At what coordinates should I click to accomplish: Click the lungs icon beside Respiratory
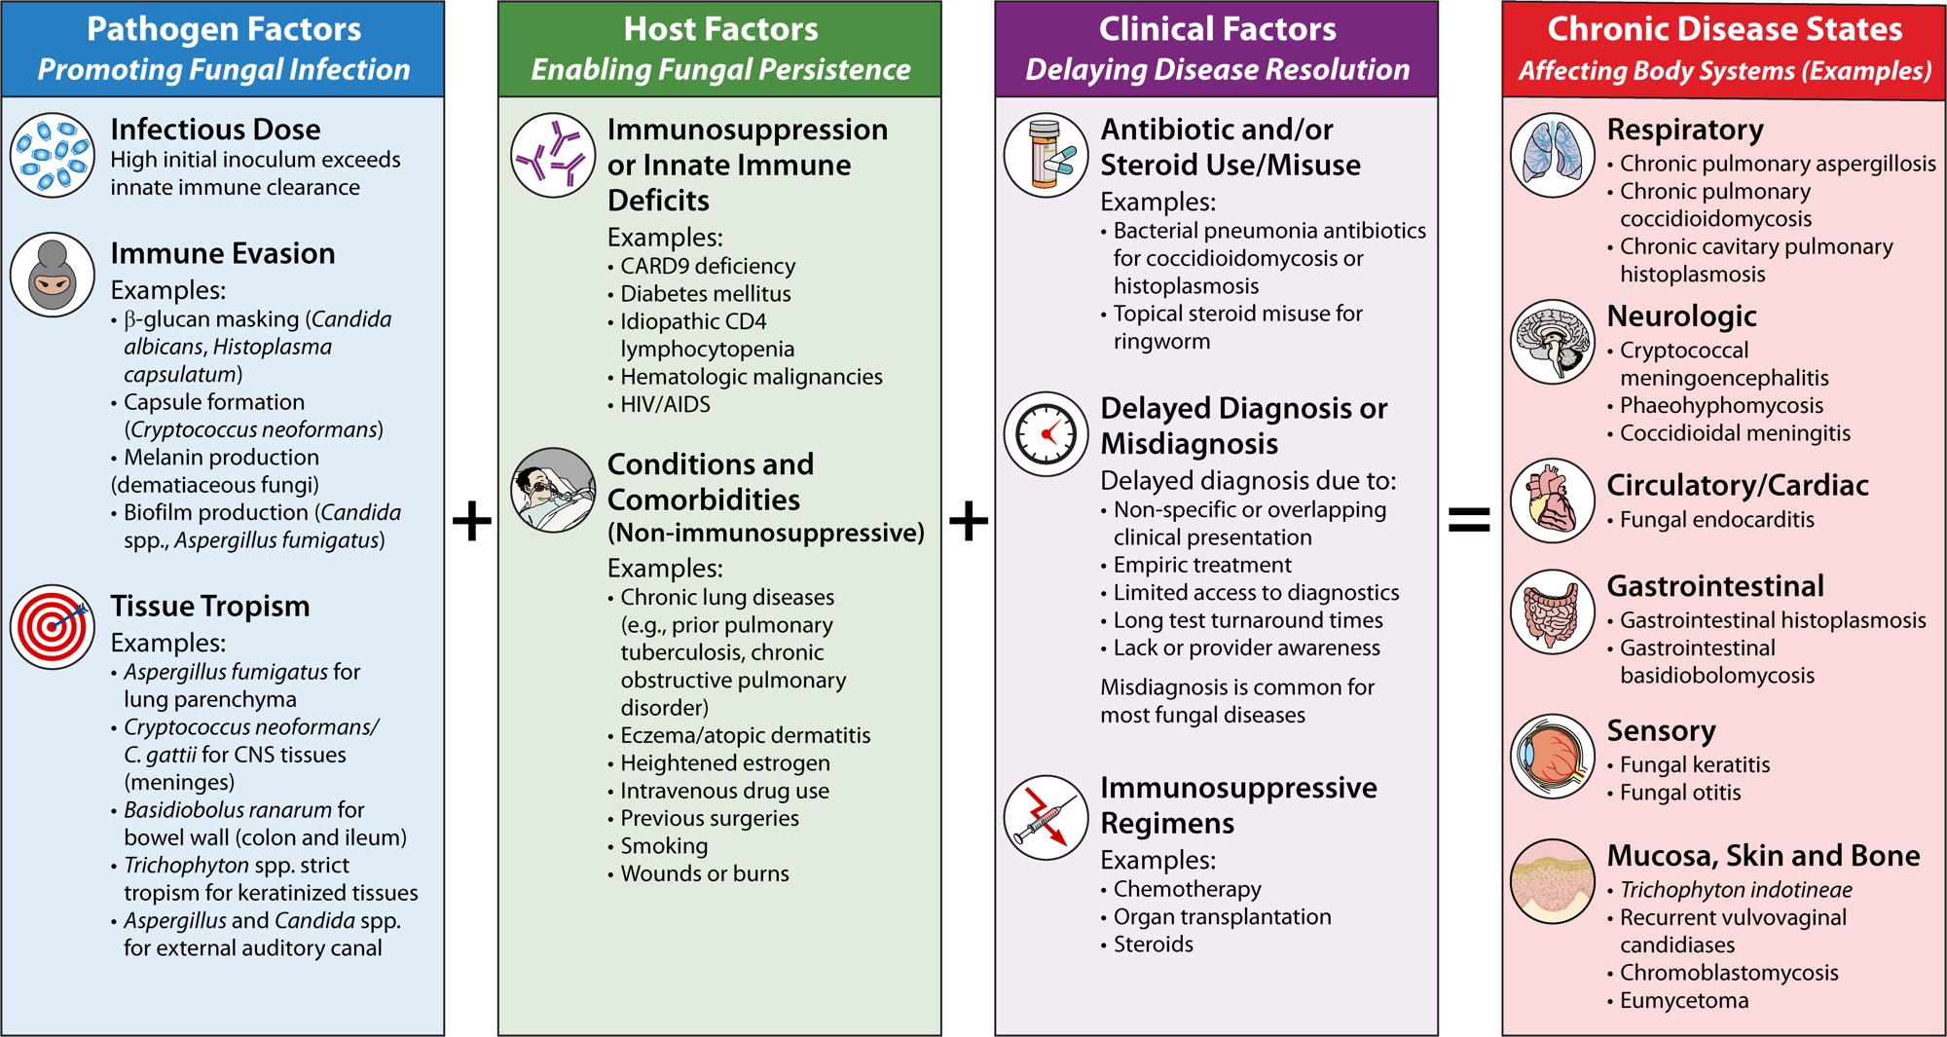(x=1552, y=155)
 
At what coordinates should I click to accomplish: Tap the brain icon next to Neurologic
(x=1552, y=341)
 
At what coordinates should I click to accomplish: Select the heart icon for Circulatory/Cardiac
(x=1552, y=500)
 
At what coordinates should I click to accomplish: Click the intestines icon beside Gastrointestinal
(x=1552, y=611)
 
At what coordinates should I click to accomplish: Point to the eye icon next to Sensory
(x=1552, y=757)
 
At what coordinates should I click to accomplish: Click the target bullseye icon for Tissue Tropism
(x=53, y=626)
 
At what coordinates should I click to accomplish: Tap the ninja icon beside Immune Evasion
(x=53, y=275)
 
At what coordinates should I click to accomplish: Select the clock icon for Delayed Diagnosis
(x=1047, y=434)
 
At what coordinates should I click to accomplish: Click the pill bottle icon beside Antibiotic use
(x=1047, y=155)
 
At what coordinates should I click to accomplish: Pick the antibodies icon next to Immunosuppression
(x=553, y=155)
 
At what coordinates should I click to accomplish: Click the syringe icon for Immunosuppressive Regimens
(x=1047, y=817)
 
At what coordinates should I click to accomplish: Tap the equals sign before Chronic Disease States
(x=1469, y=520)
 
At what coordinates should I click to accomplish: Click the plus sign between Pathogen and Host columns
(x=472, y=520)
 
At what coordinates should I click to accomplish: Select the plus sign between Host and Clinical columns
(x=969, y=520)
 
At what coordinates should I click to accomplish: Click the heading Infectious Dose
(x=215, y=130)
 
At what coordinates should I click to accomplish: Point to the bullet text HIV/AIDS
(x=665, y=404)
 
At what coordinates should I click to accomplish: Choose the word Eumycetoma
(x=1684, y=1000)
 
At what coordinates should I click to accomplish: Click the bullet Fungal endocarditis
(x=1716, y=520)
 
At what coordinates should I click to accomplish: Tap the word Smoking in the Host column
(x=664, y=846)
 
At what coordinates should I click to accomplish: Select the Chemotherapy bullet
(x=1187, y=889)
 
